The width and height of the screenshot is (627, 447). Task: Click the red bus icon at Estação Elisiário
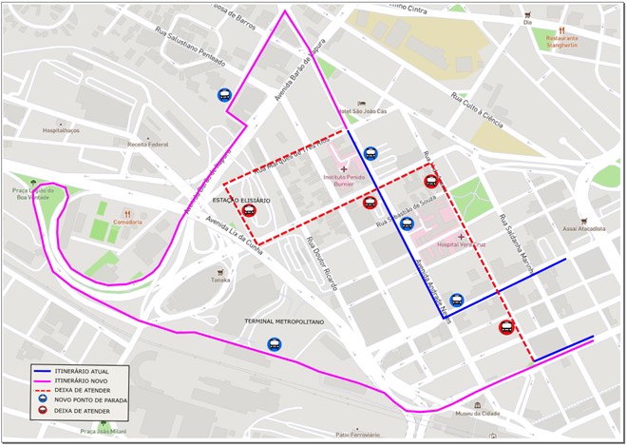click(x=249, y=211)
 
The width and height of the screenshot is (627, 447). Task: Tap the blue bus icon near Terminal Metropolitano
click(x=275, y=345)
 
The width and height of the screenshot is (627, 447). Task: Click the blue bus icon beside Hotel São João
click(x=370, y=152)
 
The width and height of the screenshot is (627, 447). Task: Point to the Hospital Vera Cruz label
click(x=462, y=244)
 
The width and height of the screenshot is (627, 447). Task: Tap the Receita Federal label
click(x=147, y=145)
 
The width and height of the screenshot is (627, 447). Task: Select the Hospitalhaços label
click(x=61, y=130)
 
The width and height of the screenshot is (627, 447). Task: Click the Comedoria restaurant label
click(x=126, y=222)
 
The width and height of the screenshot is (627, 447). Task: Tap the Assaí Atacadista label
click(x=583, y=228)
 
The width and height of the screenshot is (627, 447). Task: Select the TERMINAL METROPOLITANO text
click(x=284, y=322)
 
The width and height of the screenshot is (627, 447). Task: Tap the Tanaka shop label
click(x=220, y=280)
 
